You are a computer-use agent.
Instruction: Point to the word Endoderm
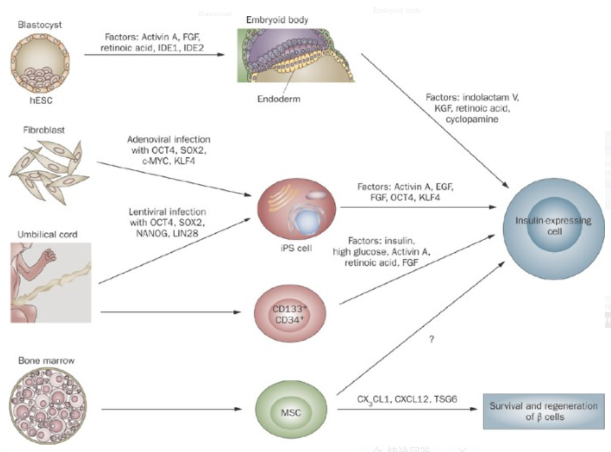pos(280,98)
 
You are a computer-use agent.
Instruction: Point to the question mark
pos(432,339)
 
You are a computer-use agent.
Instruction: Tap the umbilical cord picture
pos(51,282)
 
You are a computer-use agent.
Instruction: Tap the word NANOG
pos(145,235)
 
